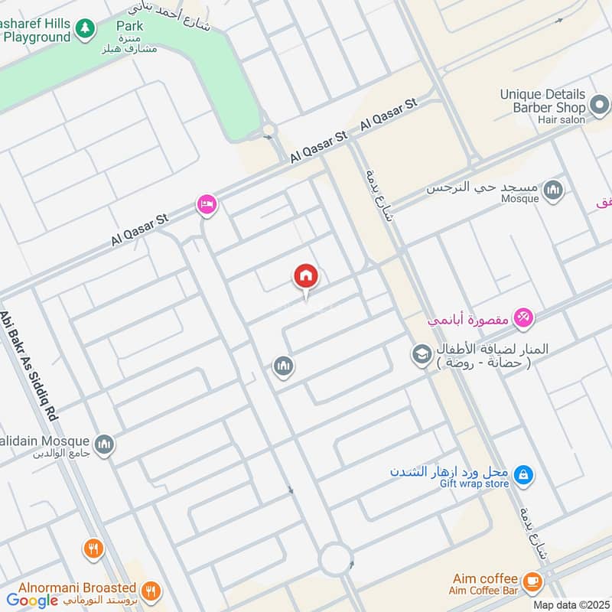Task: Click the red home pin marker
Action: pyautogui.click(x=306, y=277)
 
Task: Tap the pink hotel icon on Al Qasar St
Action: pyautogui.click(x=207, y=204)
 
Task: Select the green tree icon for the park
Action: pyautogui.click(x=84, y=29)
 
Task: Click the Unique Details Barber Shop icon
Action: pyautogui.click(x=599, y=103)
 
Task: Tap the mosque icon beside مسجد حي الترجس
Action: pyautogui.click(x=553, y=189)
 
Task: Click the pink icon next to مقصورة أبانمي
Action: pyautogui.click(x=523, y=317)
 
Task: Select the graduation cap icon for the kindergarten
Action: pyautogui.click(x=421, y=354)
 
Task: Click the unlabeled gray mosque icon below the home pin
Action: pyautogui.click(x=283, y=367)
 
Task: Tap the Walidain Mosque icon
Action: pyautogui.click(x=104, y=444)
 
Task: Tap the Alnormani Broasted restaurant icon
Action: pyautogui.click(x=151, y=590)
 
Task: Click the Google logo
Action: pyautogui.click(x=32, y=600)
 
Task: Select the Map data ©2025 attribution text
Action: pyautogui.click(x=571, y=604)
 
